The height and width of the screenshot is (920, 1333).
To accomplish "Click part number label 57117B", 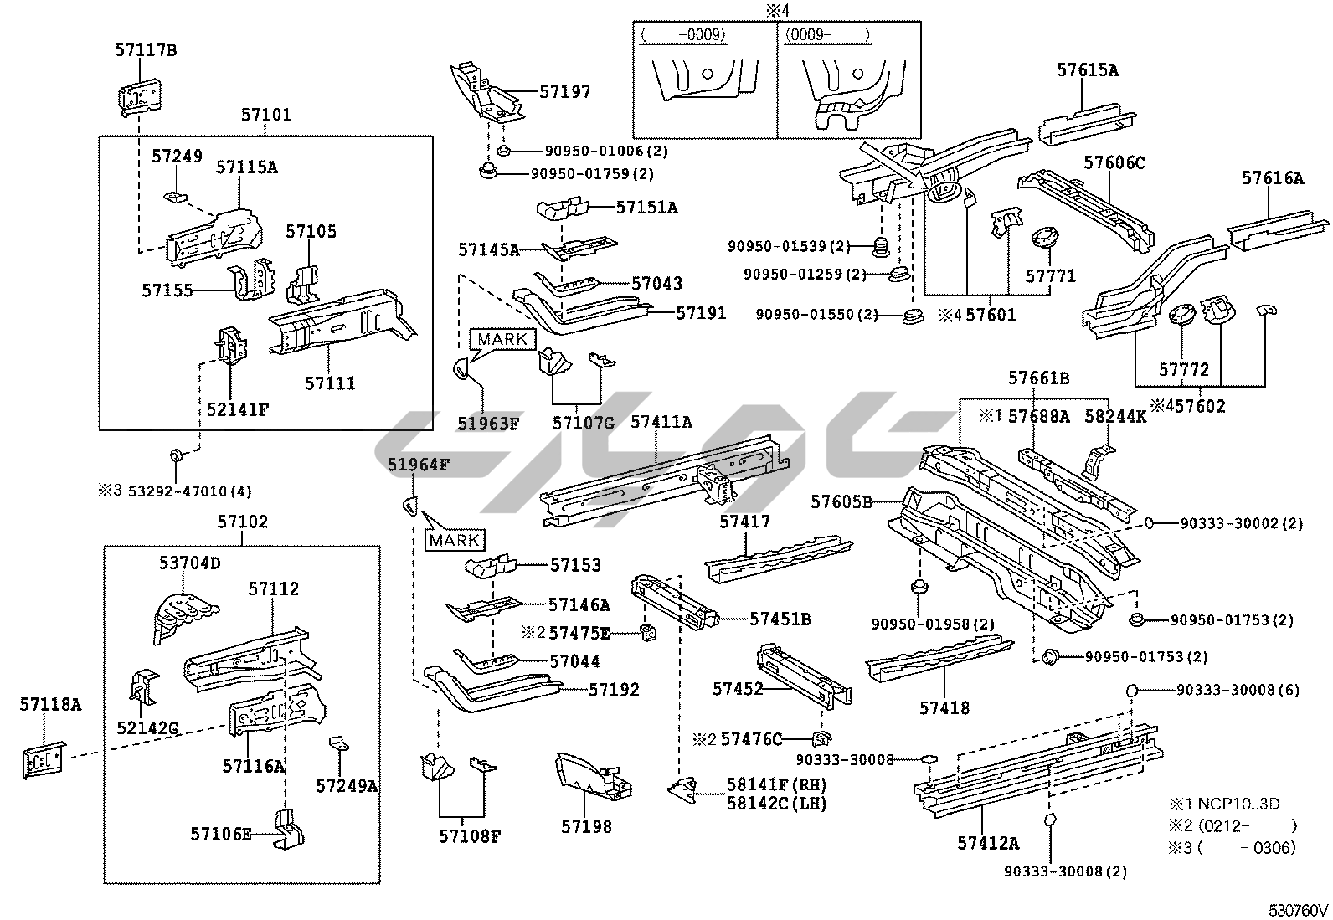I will (146, 50).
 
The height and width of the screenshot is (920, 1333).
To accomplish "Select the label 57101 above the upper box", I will (266, 115).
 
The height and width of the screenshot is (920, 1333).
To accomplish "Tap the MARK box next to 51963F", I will (504, 339).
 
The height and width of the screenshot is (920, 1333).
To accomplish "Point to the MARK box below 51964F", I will (455, 540).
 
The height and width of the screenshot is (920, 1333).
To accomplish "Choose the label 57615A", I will (1087, 70).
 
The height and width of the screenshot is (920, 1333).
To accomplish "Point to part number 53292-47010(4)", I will (189, 491).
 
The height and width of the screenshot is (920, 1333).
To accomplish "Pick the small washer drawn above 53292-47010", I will (175, 455).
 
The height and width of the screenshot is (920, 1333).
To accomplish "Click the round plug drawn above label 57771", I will (1043, 236).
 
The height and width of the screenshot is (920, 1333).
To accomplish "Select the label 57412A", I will (988, 843).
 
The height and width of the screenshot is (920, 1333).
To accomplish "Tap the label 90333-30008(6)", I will (1238, 691).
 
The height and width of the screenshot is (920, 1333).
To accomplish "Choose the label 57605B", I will (841, 502).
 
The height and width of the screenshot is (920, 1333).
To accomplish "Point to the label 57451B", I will (780, 619).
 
